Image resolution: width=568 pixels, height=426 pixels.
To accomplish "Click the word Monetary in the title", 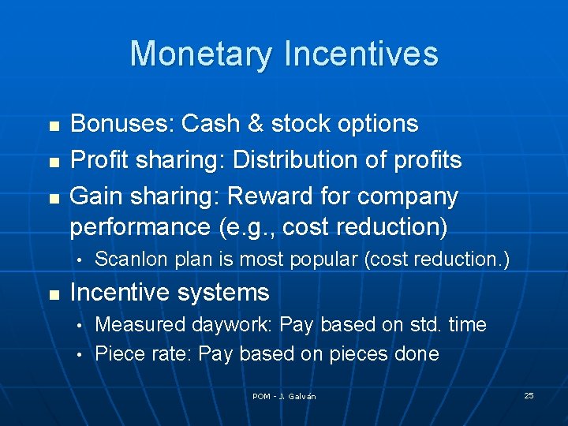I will tap(202, 54).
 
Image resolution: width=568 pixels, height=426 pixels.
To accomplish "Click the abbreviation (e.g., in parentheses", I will tap(237, 228).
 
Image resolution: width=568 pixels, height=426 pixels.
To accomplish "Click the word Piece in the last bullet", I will tap(116, 353).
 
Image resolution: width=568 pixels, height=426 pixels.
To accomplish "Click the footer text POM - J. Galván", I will tap(284, 396).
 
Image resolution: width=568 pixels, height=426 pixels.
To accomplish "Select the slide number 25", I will tap(529, 395).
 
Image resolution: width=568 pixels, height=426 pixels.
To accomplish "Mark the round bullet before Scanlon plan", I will tap(80, 260).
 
